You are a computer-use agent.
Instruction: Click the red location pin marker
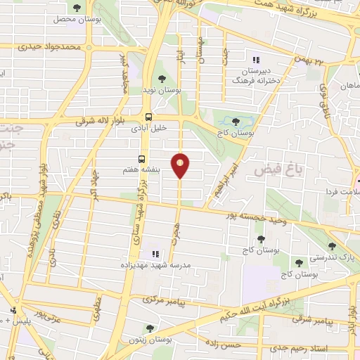[x=181, y=165]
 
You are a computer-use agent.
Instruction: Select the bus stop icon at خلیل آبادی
[x=148, y=117]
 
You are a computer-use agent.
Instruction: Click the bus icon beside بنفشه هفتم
[x=141, y=160]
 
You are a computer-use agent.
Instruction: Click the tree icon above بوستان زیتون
[x=149, y=328]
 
